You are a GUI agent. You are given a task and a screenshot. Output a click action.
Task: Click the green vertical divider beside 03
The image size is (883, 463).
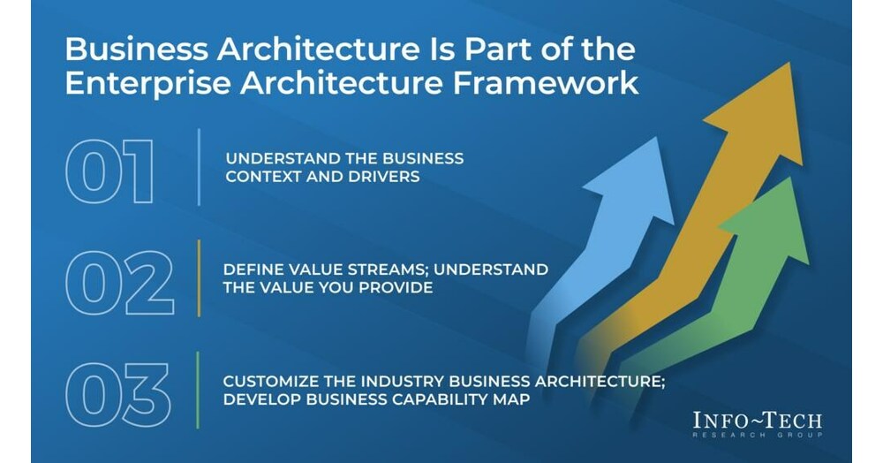(198, 390)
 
